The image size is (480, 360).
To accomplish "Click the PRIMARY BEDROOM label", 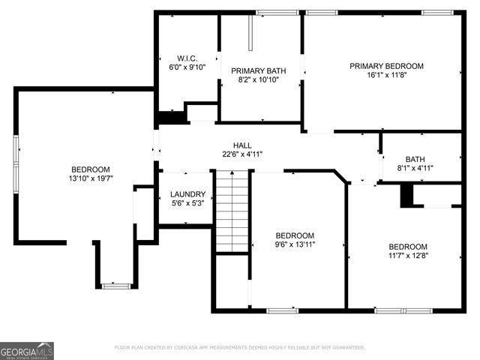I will click(x=386, y=66).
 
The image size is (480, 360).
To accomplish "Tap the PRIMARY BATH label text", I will click(x=258, y=70).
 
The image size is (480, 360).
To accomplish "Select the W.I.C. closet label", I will click(x=187, y=58).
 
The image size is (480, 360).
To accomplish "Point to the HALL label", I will click(x=241, y=145).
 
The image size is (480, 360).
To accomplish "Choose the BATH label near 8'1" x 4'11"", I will click(x=415, y=159).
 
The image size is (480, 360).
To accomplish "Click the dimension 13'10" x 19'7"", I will click(x=90, y=178).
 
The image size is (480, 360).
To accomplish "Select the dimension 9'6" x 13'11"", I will click(x=295, y=244).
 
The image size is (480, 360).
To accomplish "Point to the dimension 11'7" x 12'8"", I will click(x=407, y=256).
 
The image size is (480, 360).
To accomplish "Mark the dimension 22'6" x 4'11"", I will click(x=241, y=154).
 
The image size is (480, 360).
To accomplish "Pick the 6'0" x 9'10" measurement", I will click(x=187, y=67).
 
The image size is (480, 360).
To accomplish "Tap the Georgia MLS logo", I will click(x=27, y=350).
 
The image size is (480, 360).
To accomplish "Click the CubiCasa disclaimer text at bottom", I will click(x=240, y=347).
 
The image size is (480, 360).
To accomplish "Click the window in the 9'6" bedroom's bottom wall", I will click(x=282, y=310).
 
